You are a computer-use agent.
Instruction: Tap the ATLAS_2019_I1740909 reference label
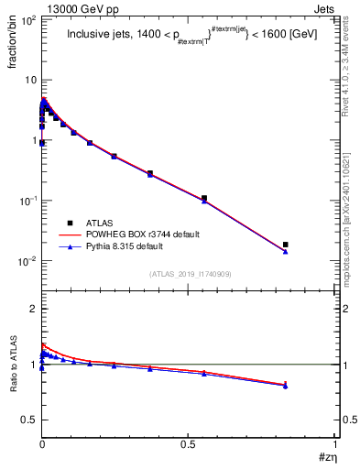tap(186, 274)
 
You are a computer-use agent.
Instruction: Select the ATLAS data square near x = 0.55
tap(204, 198)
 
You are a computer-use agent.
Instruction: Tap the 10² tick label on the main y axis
tap(27, 19)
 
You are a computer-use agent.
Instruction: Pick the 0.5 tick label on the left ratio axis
tap(29, 420)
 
